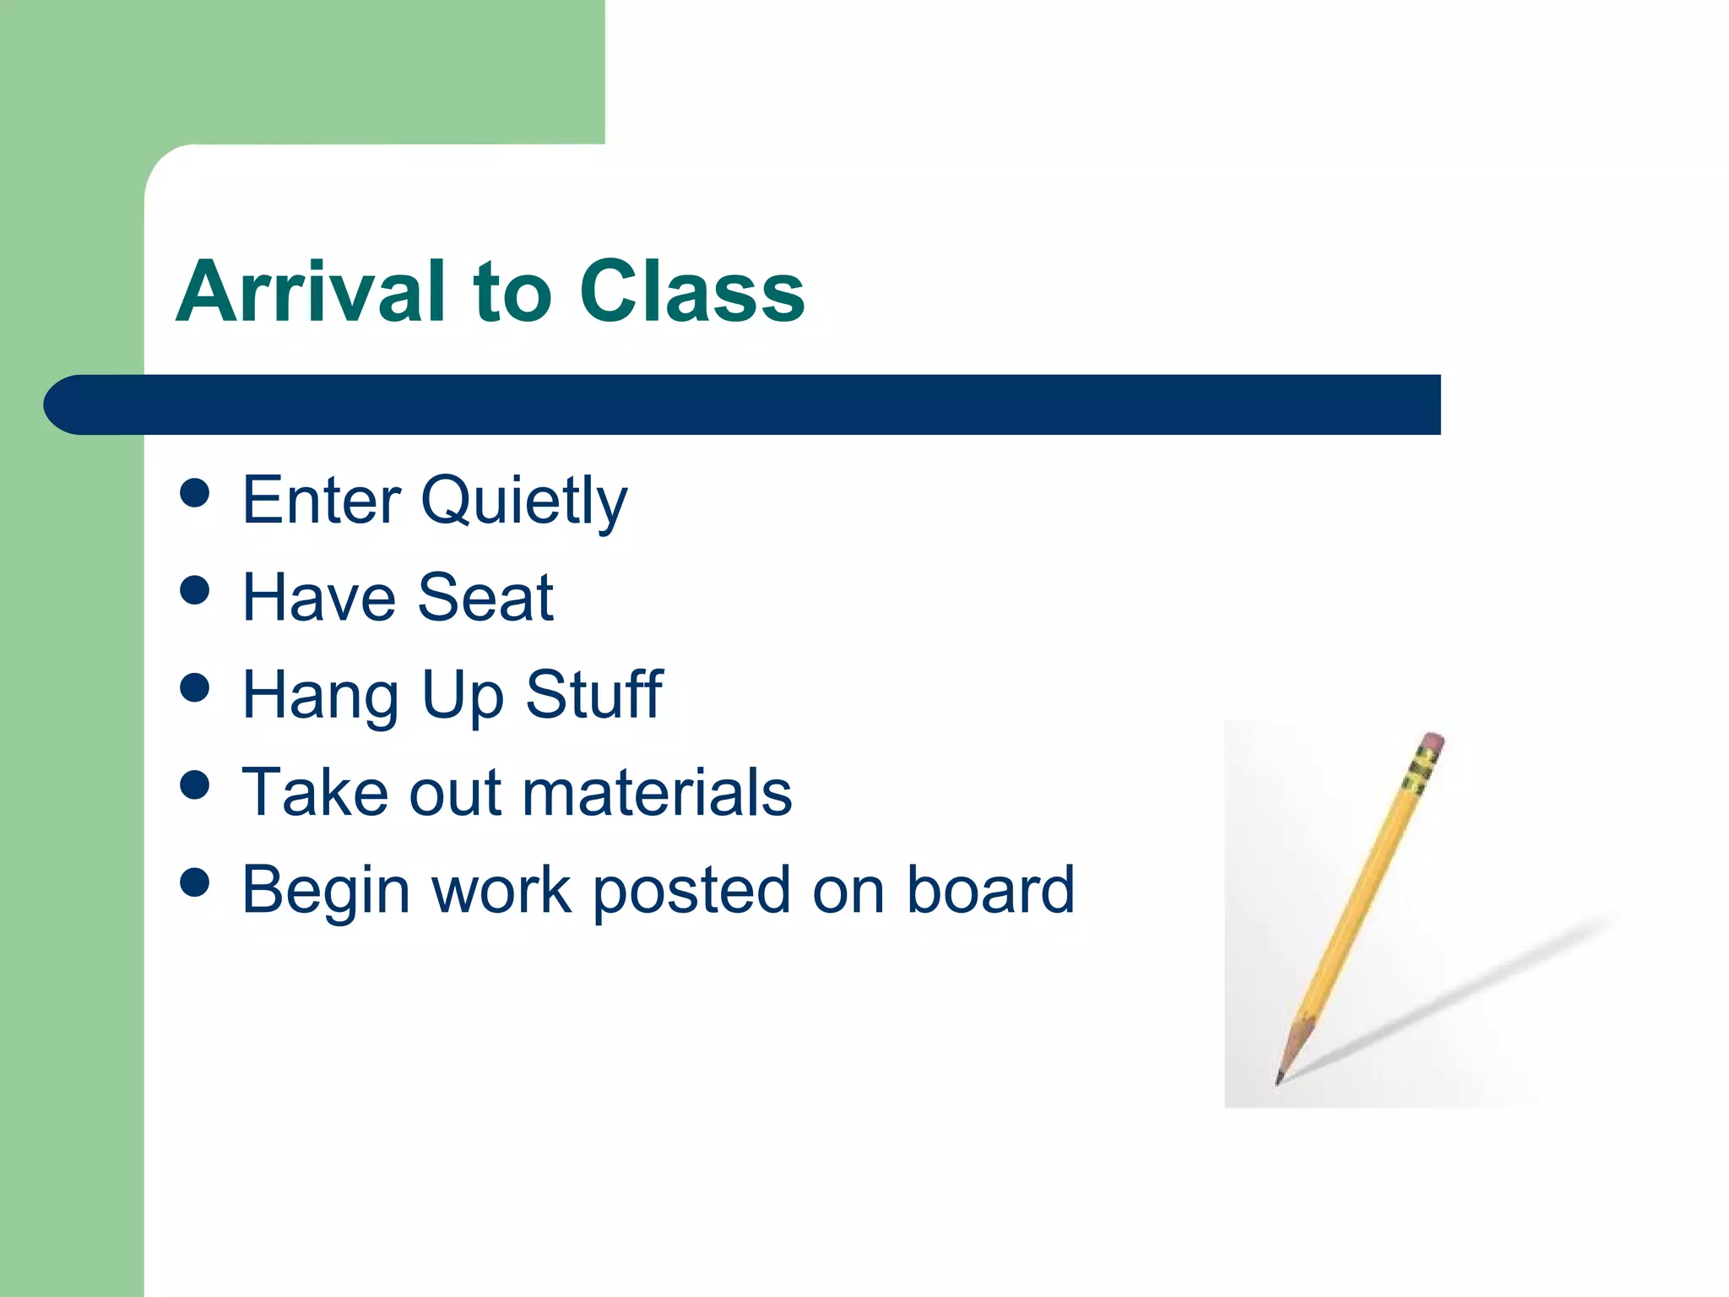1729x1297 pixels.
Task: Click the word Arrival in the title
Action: (310, 291)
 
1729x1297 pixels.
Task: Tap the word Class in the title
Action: (692, 291)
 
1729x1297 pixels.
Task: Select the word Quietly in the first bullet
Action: (523, 502)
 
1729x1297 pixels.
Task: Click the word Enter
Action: (322, 500)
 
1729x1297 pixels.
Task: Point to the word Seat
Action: (485, 598)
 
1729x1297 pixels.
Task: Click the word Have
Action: (318, 598)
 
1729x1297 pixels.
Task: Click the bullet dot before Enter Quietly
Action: (195, 493)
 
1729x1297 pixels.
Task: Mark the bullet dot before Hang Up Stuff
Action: (195, 687)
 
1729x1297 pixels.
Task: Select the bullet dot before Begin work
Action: (195, 882)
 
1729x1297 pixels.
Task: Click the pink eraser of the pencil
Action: (1433, 742)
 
